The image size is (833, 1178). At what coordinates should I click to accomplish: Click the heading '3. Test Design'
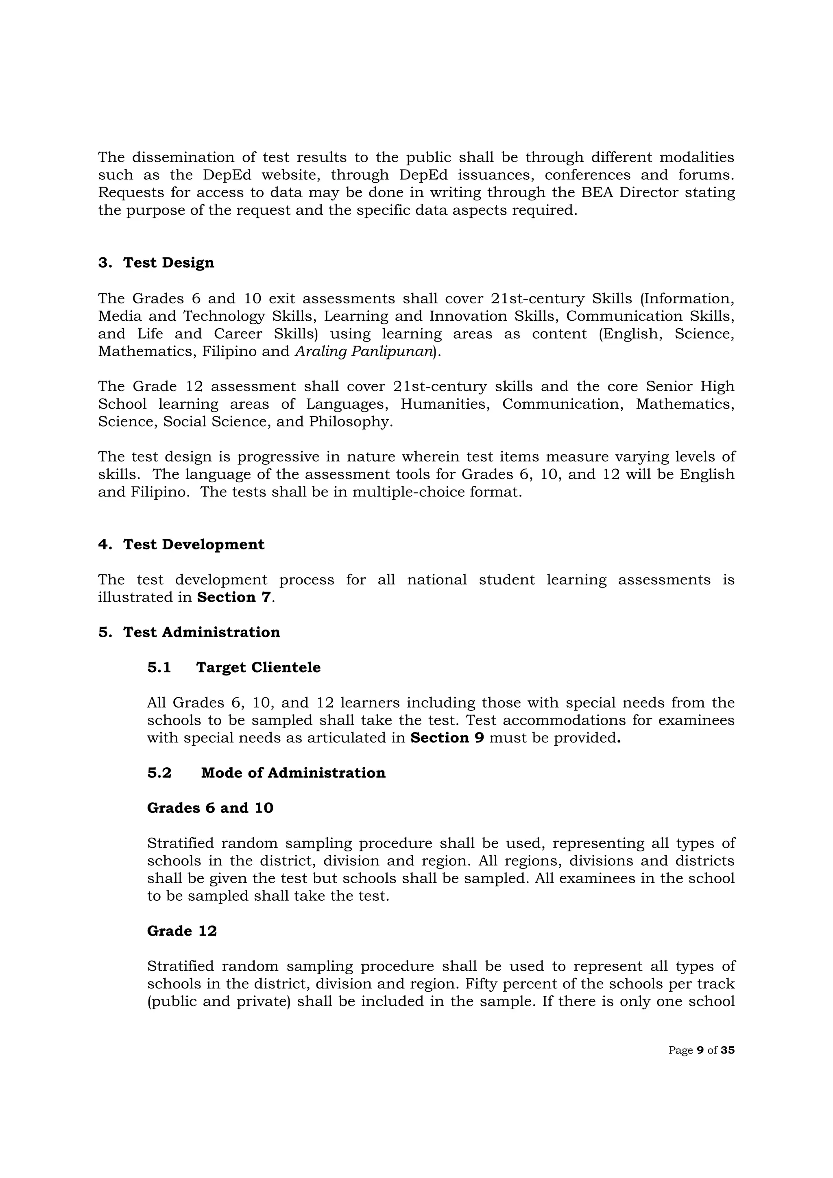[156, 263]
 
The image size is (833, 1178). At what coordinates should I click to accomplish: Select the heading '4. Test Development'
[181, 544]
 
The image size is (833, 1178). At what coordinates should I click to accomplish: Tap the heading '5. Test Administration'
[189, 632]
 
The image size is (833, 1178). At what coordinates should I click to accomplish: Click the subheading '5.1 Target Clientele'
[233, 668]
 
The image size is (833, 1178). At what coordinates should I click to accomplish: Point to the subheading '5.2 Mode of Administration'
[266, 773]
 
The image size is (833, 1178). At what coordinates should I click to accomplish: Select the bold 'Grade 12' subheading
[182, 931]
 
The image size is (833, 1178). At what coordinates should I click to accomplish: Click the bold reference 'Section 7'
[233, 597]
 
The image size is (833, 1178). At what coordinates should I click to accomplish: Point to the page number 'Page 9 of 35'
[701, 1050]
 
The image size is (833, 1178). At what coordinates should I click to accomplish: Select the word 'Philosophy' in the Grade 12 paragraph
[350, 422]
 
